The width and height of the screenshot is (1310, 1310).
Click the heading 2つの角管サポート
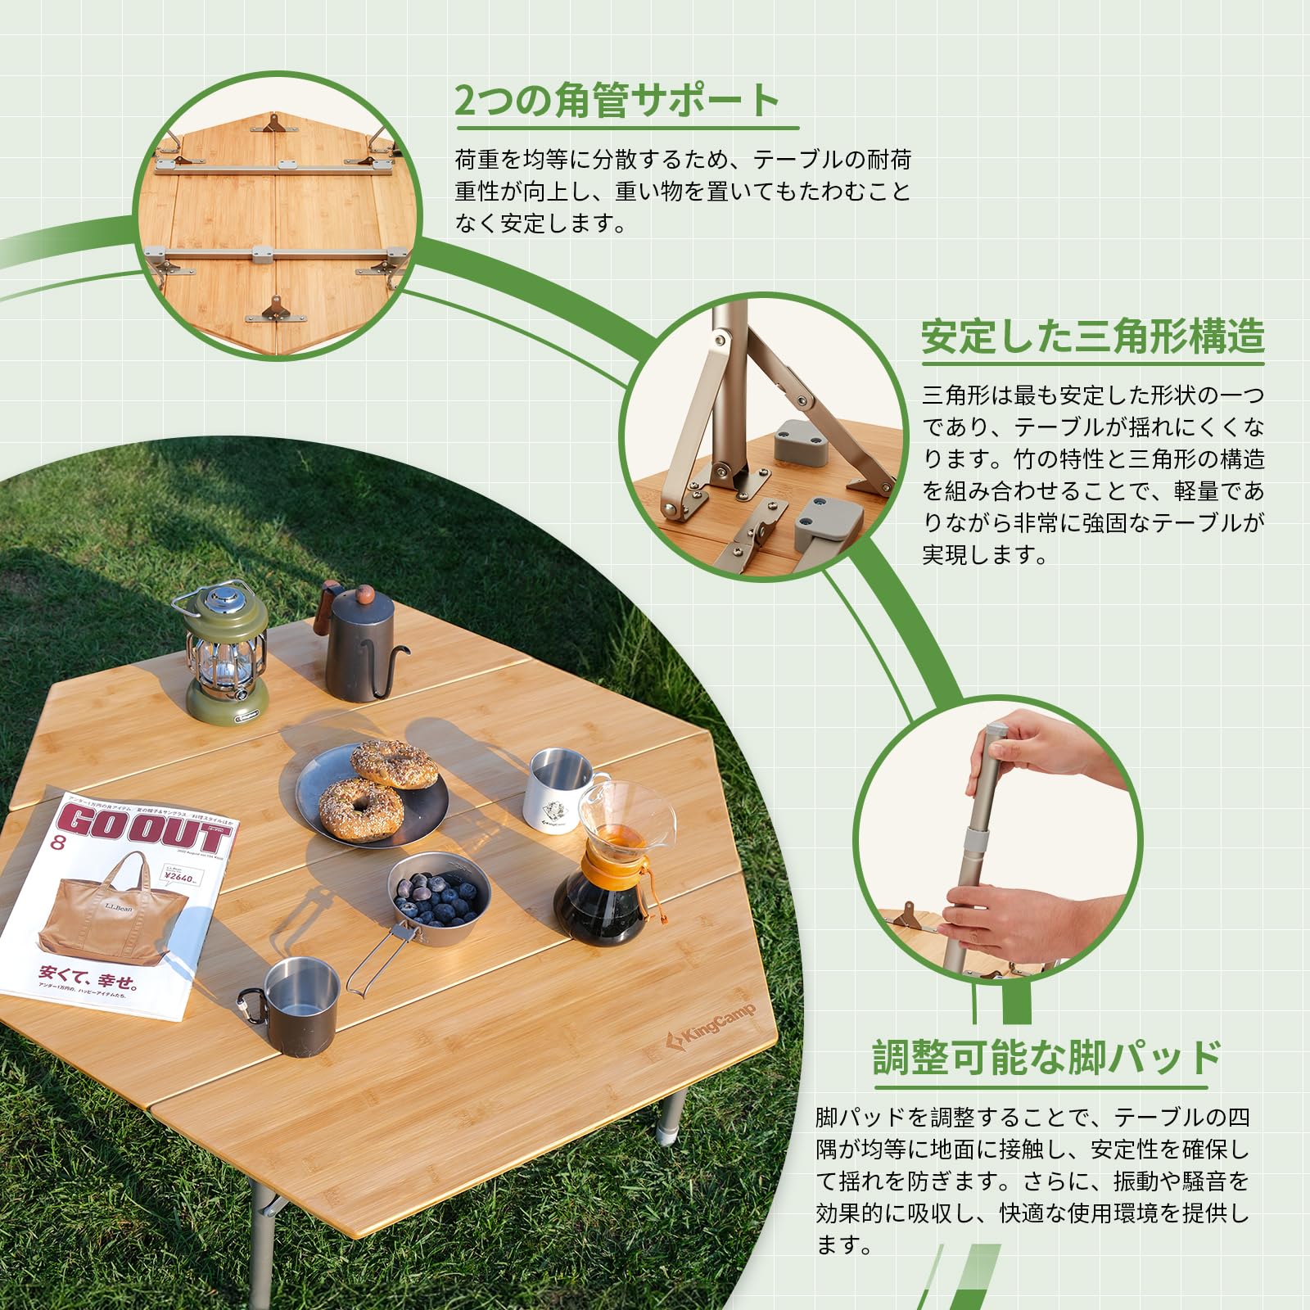[618, 102]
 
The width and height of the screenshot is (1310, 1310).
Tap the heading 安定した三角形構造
[1092, 337]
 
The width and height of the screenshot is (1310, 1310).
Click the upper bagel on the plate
[395, 764]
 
